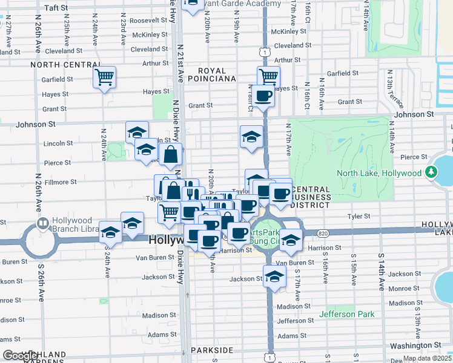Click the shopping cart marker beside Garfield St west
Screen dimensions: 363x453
[105, 77]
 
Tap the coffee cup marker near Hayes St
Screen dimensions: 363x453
[263, 96]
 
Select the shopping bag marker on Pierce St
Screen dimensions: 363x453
[170, 155]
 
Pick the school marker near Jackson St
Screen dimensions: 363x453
[275, 277]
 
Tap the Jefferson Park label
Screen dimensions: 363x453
[347, 314]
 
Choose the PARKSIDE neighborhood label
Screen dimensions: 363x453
[211, 350]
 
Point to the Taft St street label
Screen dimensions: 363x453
[56, 8]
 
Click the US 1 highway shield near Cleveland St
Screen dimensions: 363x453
[265, 52]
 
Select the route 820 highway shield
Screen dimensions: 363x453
[321, 232]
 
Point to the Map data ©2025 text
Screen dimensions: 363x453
[426, 358]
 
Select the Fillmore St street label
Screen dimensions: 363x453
[59, 181]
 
